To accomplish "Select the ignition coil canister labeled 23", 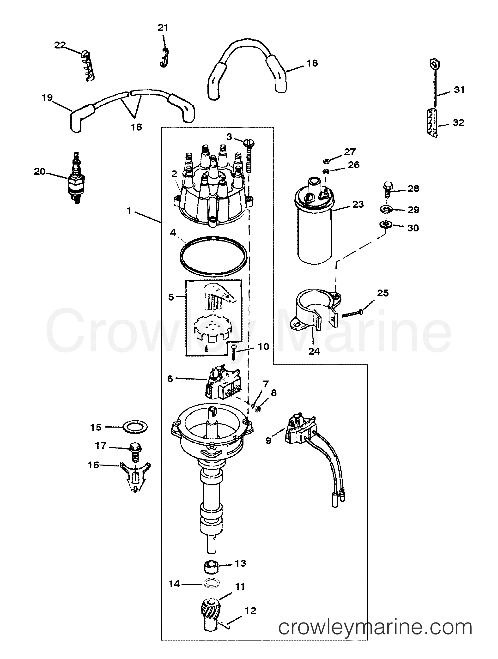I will coord(314,226).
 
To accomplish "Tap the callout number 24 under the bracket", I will coord(314,351).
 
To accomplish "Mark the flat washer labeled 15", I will coord(135,427).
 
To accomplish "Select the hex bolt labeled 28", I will coord(387,189).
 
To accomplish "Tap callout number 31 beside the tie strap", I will coord(459,90).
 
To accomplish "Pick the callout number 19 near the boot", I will coord(47,98).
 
